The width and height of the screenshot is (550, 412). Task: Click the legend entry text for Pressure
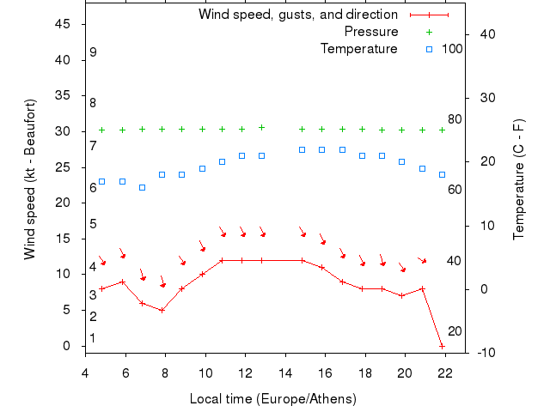[370, 32]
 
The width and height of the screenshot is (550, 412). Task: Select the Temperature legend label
[358, 49]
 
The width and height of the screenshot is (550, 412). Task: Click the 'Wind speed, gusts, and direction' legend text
[297, 15]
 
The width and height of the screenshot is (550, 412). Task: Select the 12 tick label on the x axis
[245, 371]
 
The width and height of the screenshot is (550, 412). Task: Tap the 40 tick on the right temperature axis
[485, 34]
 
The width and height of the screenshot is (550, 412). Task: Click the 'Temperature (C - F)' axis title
[518, 179]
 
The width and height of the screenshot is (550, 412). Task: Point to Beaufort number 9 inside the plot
[93, 52]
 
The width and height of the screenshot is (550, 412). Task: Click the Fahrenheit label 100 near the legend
[452, 49]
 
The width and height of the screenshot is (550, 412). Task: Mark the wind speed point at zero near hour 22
[442, 346]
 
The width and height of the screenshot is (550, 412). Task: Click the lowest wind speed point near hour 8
[162, 310]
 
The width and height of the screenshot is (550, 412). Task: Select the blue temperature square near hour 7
[142, 187]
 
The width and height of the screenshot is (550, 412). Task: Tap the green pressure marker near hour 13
[261, 127]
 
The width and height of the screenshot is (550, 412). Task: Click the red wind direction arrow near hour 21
[422, 260]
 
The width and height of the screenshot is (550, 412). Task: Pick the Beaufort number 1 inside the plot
[93, 338]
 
